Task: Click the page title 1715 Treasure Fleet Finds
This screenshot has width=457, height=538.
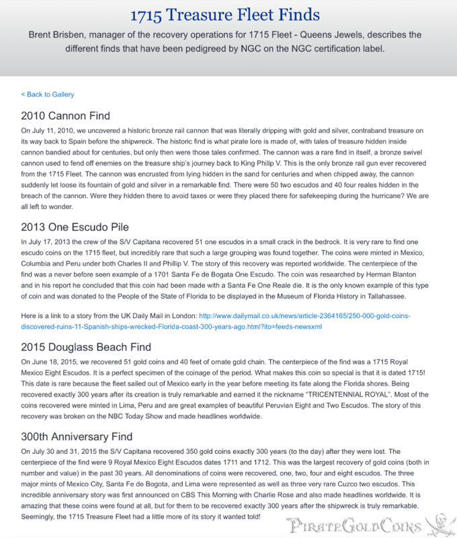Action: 229,15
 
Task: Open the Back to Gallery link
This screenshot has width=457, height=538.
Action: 48,95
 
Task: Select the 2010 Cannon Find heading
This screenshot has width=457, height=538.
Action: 66,116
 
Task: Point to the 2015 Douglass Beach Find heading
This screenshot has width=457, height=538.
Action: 86,348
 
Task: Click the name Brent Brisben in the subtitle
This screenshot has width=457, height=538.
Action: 60,34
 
